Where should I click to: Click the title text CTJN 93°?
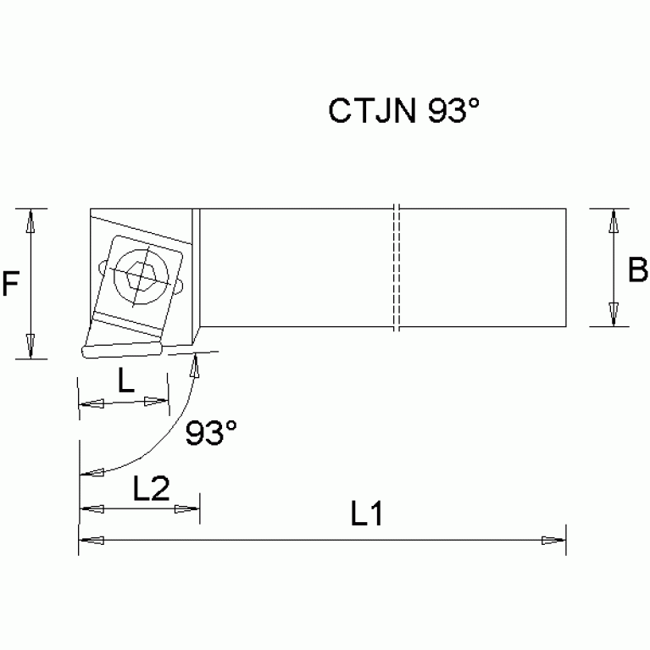403,112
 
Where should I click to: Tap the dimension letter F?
10,284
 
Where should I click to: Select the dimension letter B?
637,270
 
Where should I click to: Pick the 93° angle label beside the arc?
211,434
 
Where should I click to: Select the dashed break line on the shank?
397,268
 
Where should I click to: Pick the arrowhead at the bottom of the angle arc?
87,472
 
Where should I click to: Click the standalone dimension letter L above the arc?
125,382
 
